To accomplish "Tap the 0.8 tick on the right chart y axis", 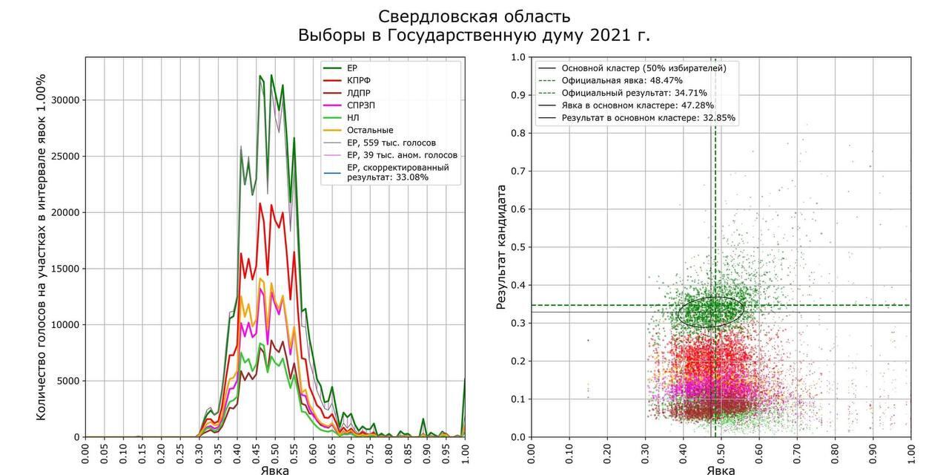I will coord(517,134).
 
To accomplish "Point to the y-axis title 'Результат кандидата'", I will coord(501,246).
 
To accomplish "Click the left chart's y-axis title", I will coord(42,246).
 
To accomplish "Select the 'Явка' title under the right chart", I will coord(721,470).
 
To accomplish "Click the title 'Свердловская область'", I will coord(474,16).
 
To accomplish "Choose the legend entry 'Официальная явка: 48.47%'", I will coord(621,80).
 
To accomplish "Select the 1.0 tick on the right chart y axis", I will coord(517,57).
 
